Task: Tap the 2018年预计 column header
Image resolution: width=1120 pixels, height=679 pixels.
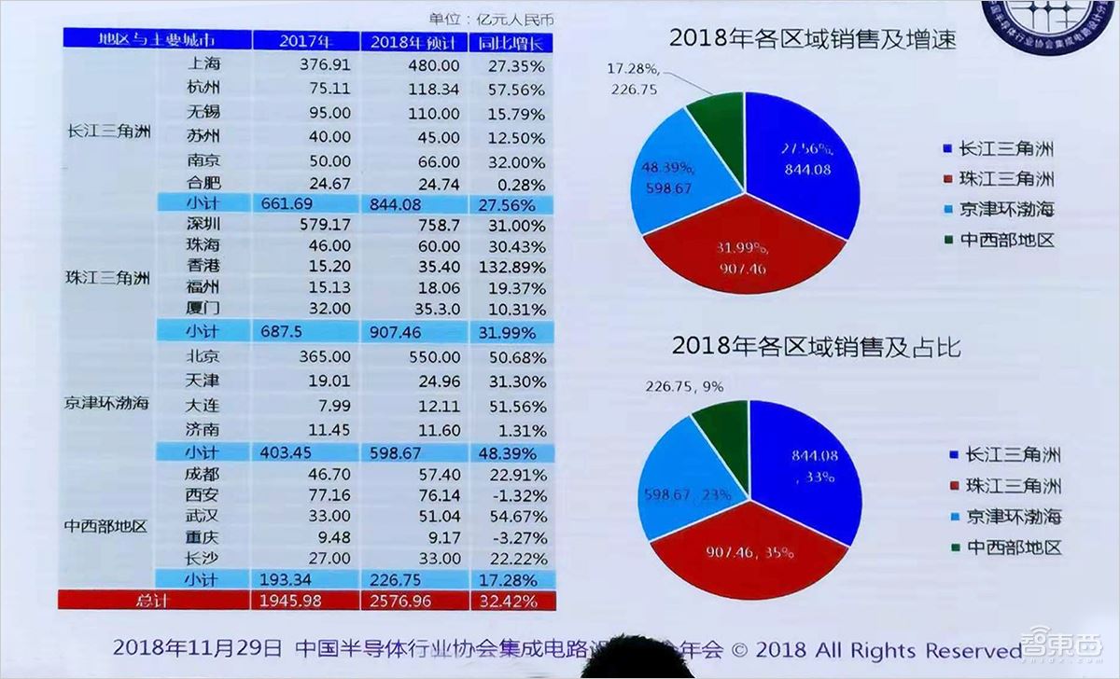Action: point(415,42)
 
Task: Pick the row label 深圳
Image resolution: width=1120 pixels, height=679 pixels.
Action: point(203,226)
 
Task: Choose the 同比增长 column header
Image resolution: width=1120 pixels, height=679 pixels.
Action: point(514,42)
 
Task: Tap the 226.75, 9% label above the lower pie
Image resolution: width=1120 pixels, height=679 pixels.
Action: point(684,385)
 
